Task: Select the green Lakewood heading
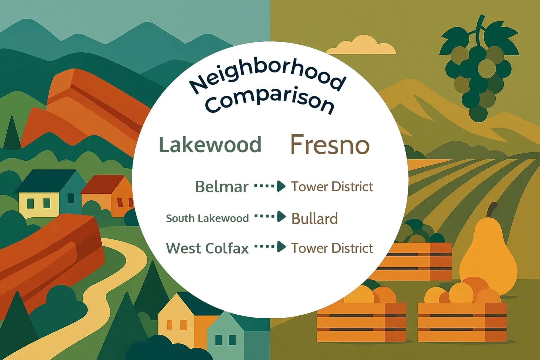(210, 144)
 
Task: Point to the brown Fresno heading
(330, 144)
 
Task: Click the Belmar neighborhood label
(222, 187)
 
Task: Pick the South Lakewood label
(207, 218)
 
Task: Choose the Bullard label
(315, 218)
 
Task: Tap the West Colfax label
(207, 248)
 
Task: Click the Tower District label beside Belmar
(332, 187)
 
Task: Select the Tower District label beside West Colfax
(332, 248)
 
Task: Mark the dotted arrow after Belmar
(270, 186)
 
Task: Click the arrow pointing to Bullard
(270, 217)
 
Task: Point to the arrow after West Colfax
(270, 247)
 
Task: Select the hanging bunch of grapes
(478, 70)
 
